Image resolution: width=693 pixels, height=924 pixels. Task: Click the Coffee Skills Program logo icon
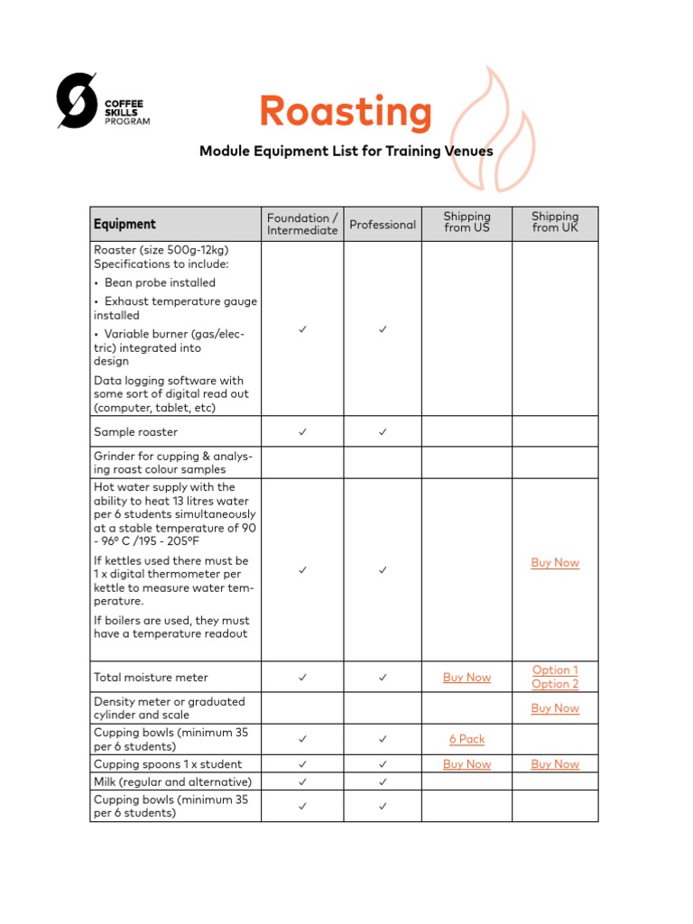[x=77, y=99]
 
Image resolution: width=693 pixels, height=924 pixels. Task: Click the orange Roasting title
[x=346, y=112]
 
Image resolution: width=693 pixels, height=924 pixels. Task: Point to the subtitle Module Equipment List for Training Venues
[x=346, y=151]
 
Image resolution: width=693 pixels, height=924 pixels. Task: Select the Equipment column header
[x=125, y=224]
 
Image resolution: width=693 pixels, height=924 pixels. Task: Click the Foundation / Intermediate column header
[x=302, y=224]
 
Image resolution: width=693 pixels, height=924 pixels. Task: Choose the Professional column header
[x=383, y=225]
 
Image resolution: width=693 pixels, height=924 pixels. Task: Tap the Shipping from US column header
[x=467, y=222]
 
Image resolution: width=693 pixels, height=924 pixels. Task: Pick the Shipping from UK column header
[x=555, y=222]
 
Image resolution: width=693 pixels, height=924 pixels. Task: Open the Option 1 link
[x=555, y=670]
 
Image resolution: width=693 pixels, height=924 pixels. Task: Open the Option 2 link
[x=555, y=684]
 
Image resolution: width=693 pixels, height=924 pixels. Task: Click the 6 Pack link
[x=467, y=739]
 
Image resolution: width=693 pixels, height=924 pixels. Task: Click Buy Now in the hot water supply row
[x=555, y=562]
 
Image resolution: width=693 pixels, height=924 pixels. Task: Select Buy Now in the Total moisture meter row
[x=467, y=678]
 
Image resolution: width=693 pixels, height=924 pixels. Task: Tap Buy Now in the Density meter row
[x=555, y=708]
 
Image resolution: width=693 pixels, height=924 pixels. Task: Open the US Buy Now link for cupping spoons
[x=467, y=764]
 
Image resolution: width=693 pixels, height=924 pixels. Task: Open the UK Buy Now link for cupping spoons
[x=555, y=764]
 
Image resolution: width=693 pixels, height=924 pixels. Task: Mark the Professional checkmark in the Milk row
[x=383, y=781]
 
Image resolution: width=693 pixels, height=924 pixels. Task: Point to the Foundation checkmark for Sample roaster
[x=302, y=432]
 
